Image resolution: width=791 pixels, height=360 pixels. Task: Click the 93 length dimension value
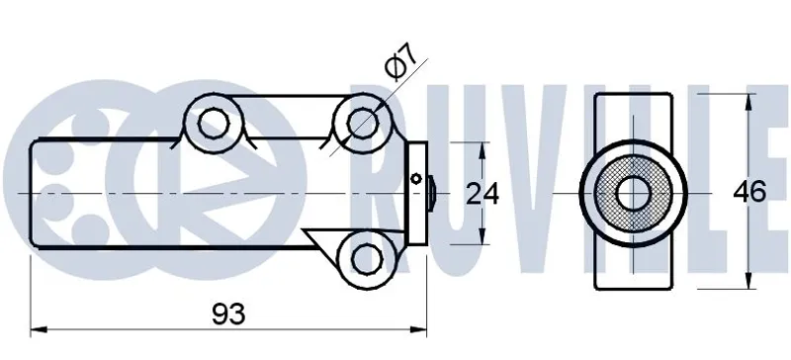click(x=228, y=315)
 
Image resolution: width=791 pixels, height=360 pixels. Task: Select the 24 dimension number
click(x=482, y=194)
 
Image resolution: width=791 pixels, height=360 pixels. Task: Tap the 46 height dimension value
click(x=749, y=192)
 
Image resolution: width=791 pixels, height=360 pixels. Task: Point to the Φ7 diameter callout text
click(x=400, y=62)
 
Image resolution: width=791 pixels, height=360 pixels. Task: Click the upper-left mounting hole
click(x=214, y=124)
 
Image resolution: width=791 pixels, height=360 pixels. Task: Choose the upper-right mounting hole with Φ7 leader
click(x=363, y=122)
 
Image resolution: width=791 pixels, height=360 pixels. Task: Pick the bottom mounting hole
click(x=367, y=259)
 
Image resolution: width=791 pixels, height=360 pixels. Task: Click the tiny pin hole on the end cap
click(x=416, y=178)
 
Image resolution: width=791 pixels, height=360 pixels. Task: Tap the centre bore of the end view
click(x=633, y=194)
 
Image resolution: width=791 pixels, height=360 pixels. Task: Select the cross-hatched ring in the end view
click(x=606, y=194)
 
